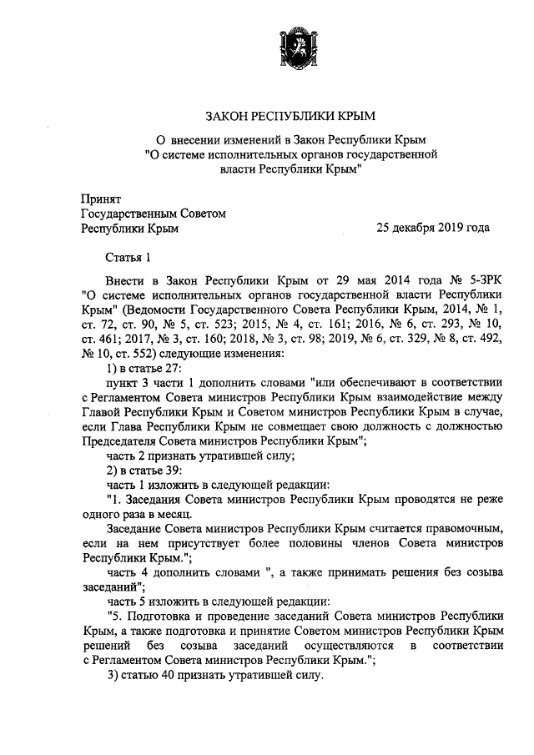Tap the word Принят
pos(101,199)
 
